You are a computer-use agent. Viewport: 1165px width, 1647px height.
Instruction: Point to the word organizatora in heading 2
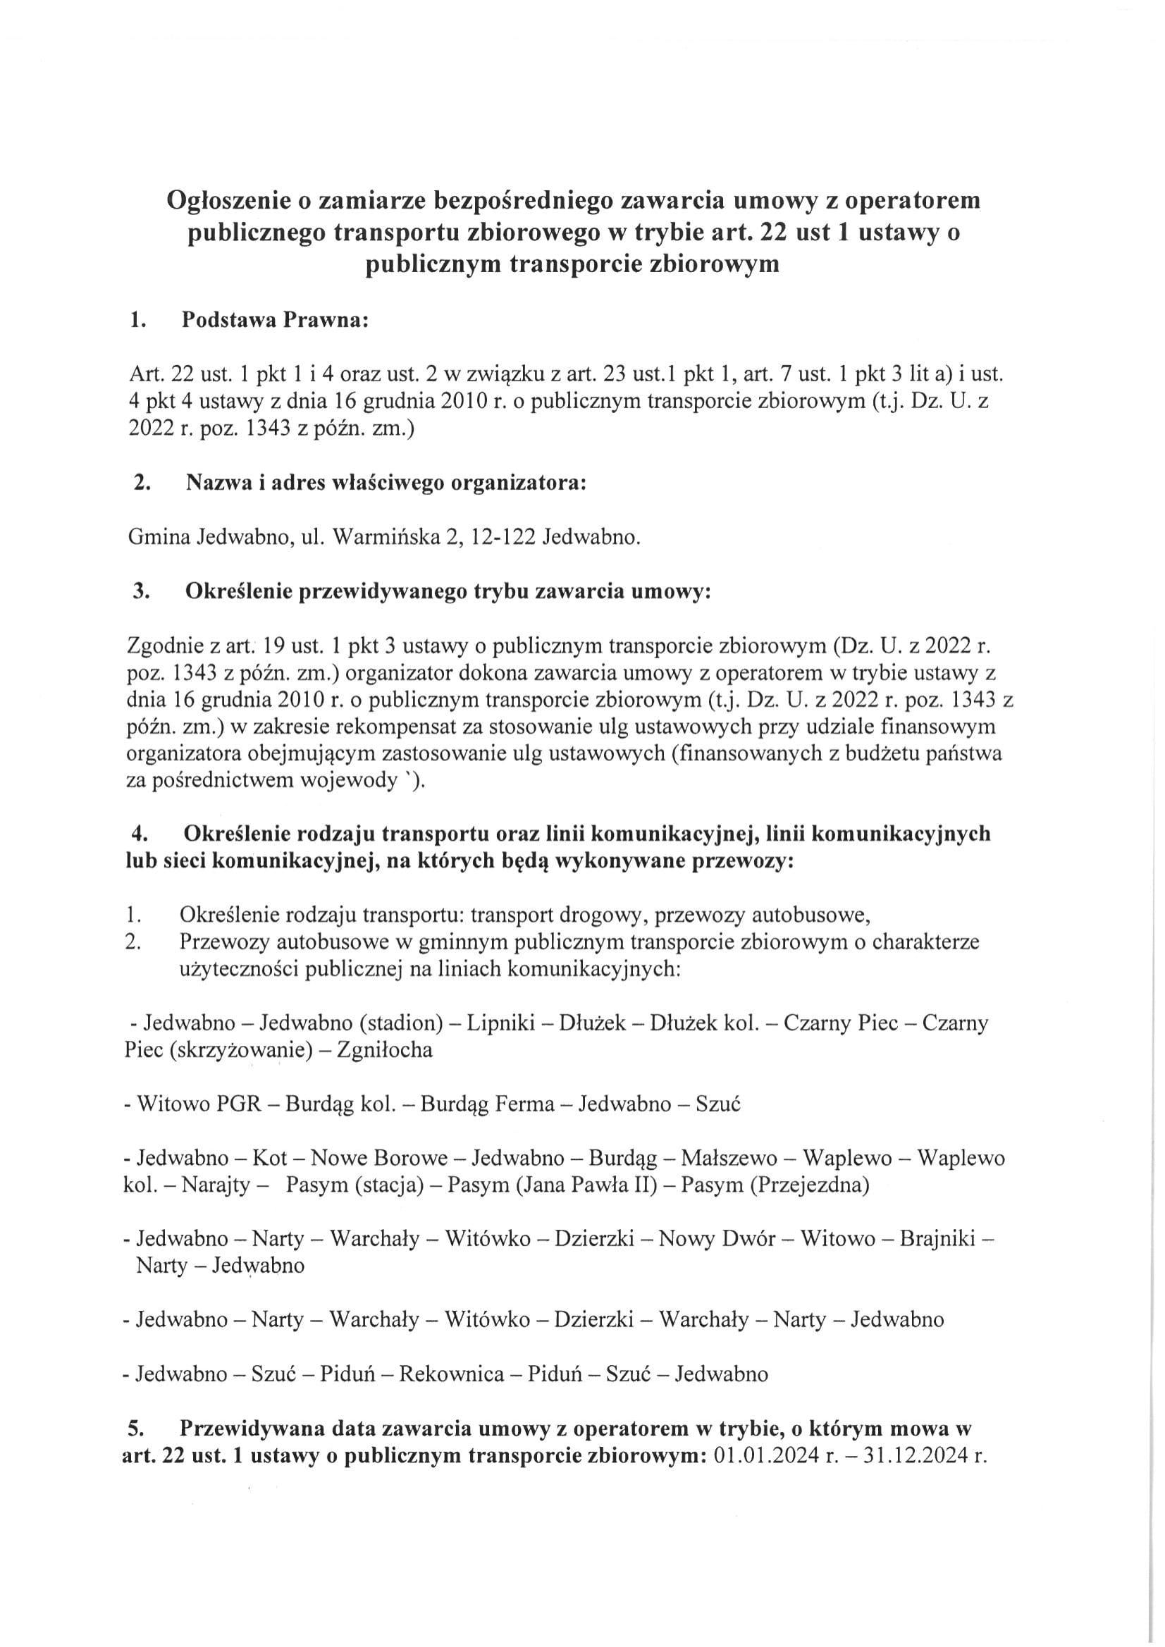(x=518, y=483)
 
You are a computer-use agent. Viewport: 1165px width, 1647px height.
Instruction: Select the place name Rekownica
(x=451, y=1374)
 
